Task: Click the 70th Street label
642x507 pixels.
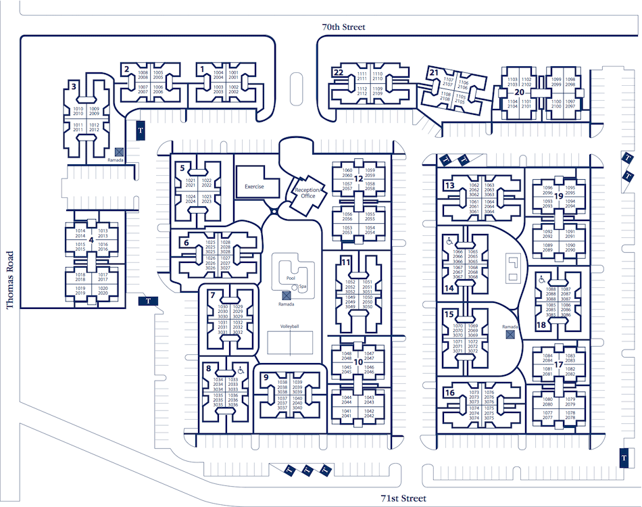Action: point(343,27)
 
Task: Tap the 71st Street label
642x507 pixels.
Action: point(403,498)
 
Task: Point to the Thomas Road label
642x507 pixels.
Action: point(9,281)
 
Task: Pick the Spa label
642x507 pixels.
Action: point(303,286)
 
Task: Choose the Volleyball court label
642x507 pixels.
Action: point(290,326)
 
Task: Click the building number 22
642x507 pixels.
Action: point(339,72)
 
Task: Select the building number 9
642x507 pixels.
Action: point(266,377)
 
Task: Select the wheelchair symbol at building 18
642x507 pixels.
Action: point(541,279)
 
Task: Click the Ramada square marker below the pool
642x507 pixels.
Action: point(287,295)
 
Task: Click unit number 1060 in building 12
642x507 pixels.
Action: point(347,170)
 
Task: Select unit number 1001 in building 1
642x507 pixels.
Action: point(234,72)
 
